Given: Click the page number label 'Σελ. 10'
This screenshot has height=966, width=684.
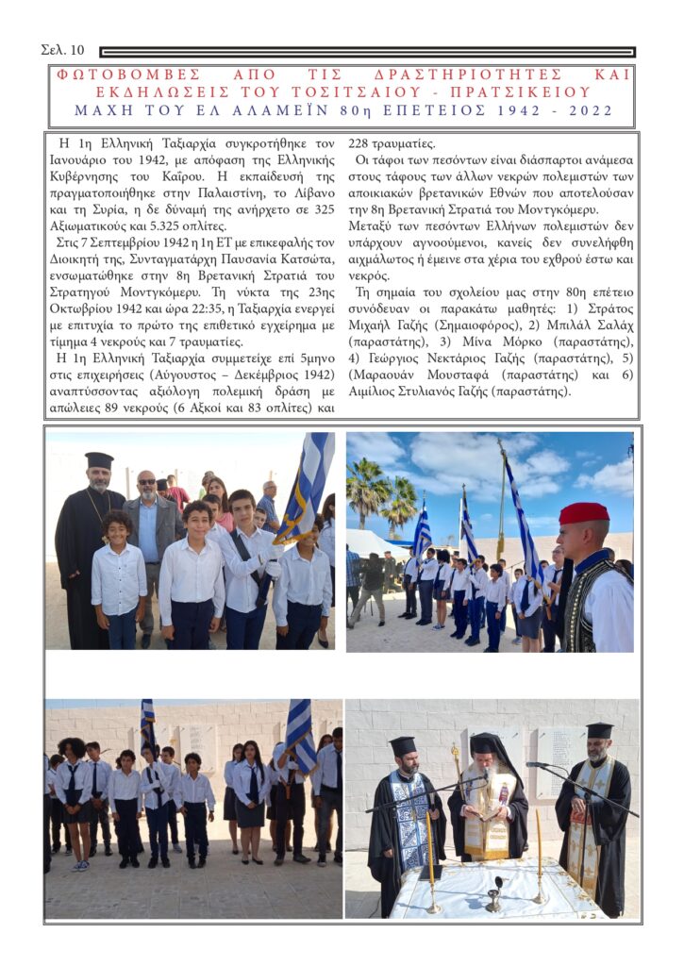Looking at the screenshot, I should click(63, 49).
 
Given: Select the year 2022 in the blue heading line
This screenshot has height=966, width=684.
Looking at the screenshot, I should click(588, 110).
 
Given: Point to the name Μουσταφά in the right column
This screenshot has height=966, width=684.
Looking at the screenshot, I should click(459, 375).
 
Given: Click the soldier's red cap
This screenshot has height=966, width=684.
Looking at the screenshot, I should click(584, 512).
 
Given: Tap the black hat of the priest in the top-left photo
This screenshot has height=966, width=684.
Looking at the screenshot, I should click(99, 459).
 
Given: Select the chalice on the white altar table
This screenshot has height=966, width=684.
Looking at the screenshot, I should click(494, 892).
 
